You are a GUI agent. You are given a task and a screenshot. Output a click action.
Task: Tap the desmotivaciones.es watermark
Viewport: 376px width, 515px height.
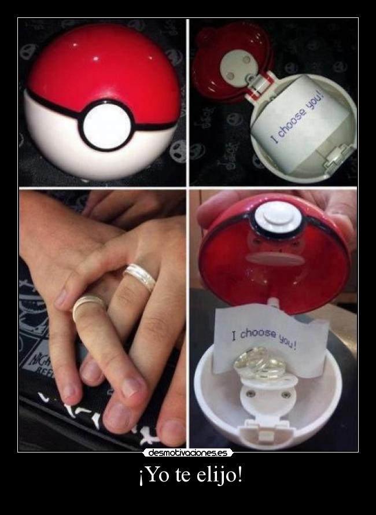coord(188,453)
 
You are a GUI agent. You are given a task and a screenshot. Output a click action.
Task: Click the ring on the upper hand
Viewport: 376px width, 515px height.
coord(140,277)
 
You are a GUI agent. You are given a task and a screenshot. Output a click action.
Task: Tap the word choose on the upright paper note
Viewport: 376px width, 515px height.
coord(259,334)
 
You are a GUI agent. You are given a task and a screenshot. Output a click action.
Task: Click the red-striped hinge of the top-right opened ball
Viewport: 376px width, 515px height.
coord(261,86)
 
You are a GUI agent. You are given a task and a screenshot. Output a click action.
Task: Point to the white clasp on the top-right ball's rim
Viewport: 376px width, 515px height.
coord(338,157)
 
